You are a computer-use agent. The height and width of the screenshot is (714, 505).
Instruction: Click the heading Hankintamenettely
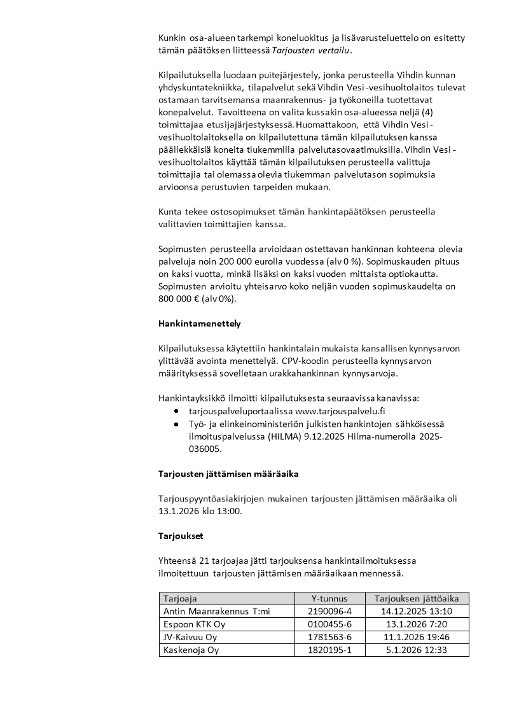(x=199, y=323)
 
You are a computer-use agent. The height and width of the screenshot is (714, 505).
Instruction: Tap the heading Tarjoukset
(x=181, y=536)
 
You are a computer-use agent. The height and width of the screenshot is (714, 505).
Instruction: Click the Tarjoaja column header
(x=180, y=598)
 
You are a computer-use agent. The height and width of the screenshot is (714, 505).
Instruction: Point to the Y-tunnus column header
(x=329, y=598)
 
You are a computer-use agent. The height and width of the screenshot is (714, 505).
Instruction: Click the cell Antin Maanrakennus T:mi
(x=216, y=611)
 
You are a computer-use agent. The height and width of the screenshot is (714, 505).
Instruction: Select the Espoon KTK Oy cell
(x=194, y=624)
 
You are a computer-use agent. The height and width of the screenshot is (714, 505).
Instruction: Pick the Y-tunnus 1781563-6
(x=329, y=637)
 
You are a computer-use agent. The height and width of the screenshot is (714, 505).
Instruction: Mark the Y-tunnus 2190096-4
(x=329, y=611)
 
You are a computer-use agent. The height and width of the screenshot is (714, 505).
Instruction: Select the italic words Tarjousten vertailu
(x=316, y=50)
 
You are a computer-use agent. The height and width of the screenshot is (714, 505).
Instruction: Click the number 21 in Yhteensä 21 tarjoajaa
(x=205, y=561)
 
